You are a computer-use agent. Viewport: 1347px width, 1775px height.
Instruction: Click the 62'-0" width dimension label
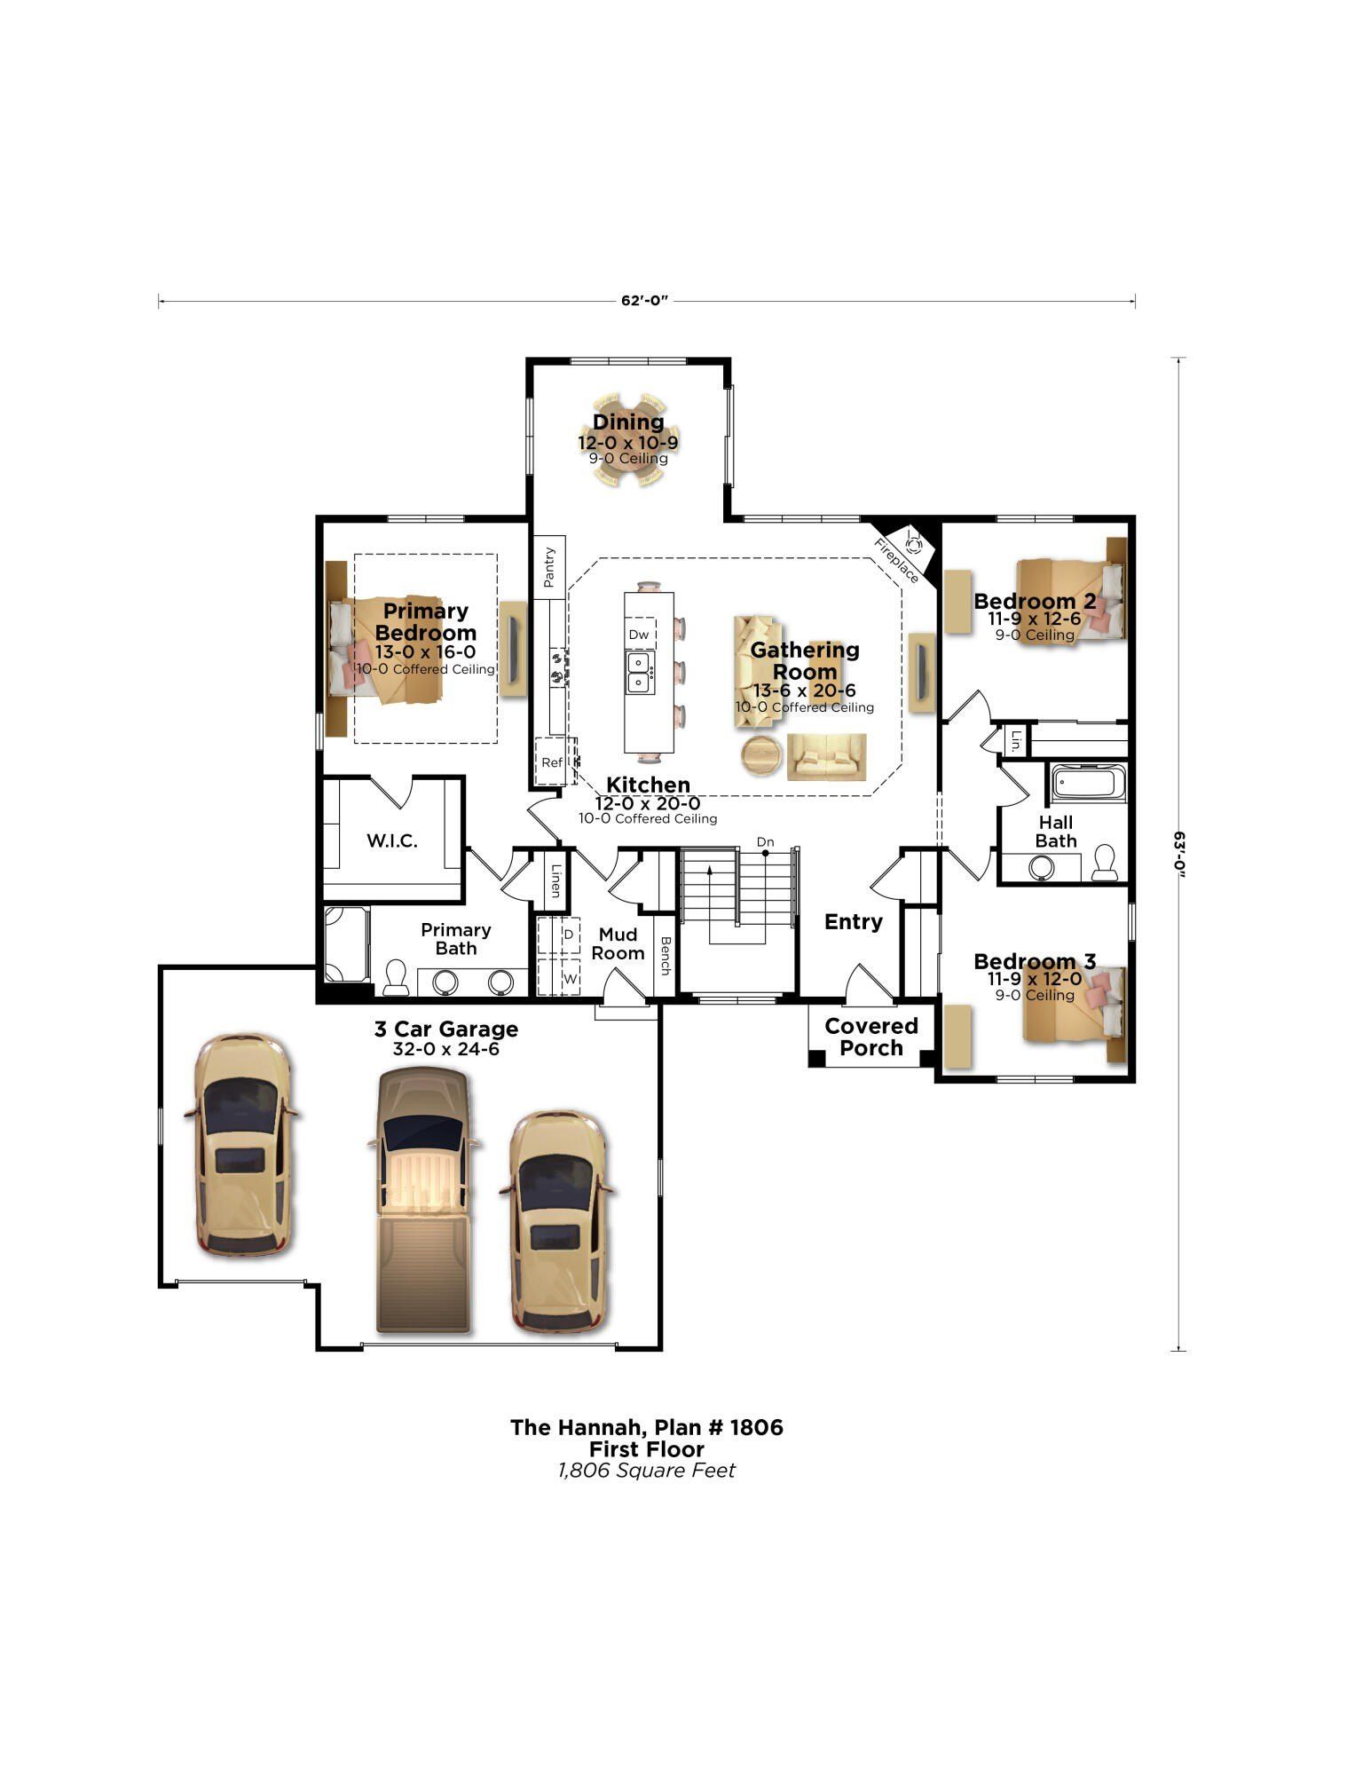tap(643, 301)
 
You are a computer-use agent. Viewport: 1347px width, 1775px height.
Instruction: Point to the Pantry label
tap(549, 567)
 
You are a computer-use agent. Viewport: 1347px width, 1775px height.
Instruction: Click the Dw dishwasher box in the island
tap(639, 635)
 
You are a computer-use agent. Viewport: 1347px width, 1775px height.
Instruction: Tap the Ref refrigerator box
tap(551, 762)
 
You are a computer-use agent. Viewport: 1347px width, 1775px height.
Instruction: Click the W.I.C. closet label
tap(392, 840)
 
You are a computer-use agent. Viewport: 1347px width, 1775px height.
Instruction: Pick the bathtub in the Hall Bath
tap(1089, 784)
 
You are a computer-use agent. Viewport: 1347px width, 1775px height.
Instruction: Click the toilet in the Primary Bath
tap(395, 977)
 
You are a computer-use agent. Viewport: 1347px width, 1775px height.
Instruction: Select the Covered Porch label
tap(870, 1037)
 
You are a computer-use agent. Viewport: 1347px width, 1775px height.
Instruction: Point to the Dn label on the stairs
tap(765, 841)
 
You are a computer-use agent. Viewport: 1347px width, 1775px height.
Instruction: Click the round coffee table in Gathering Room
tap(761, 755)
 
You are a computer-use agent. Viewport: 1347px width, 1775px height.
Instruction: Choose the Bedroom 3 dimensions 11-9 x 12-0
tap(1035, 979)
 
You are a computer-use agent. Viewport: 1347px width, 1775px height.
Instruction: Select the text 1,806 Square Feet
tap(646, 1471)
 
